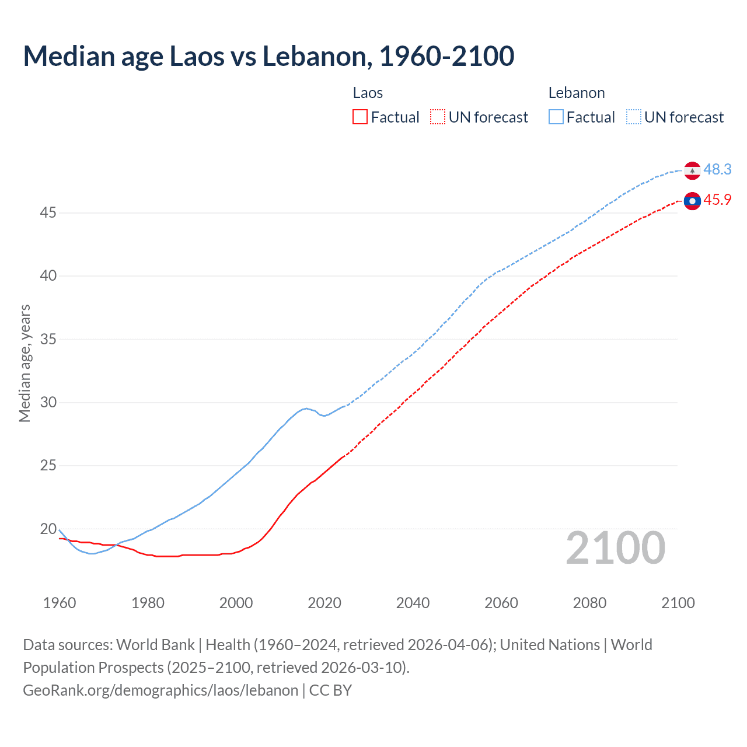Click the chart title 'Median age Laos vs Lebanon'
click(268, 56)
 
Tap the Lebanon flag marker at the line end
click(692, 170)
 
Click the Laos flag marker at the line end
click(692, 201)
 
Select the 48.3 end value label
click(717, 170)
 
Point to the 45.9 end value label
click(717, 200)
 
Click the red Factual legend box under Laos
click(360, 117)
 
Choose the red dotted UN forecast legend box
click(438, 117)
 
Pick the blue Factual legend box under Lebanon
click(556, 117)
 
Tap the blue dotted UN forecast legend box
click(634, 117)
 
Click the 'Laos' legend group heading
click(368, 93)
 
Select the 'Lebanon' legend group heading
click(577, 93)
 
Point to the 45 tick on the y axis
click(48, 213)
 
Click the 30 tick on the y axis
click(48, 403)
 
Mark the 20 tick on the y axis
click(48, 529)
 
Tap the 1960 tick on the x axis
click(60, 603)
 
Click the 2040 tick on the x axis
click(413, 603)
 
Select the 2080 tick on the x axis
click(589, 603)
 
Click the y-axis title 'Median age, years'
click(25, 363)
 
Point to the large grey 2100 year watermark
click(616, 548)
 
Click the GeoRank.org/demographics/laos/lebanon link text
click(160, 690)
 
